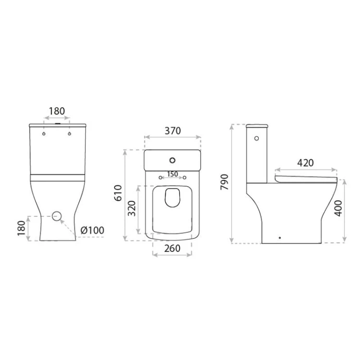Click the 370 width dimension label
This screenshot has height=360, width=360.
[173, 131]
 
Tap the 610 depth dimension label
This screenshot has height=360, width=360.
[118, 193]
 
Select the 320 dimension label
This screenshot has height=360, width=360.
[132, 208]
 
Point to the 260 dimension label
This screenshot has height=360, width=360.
[172, 249]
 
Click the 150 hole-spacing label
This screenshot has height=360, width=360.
[173, 174]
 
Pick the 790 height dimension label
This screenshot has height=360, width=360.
[225, 182]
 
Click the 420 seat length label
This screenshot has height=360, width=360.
[305, 163]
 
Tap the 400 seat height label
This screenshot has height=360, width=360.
[338, 208]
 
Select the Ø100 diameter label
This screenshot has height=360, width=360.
[92, 230]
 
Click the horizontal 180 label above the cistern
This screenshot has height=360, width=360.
[57, 111]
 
